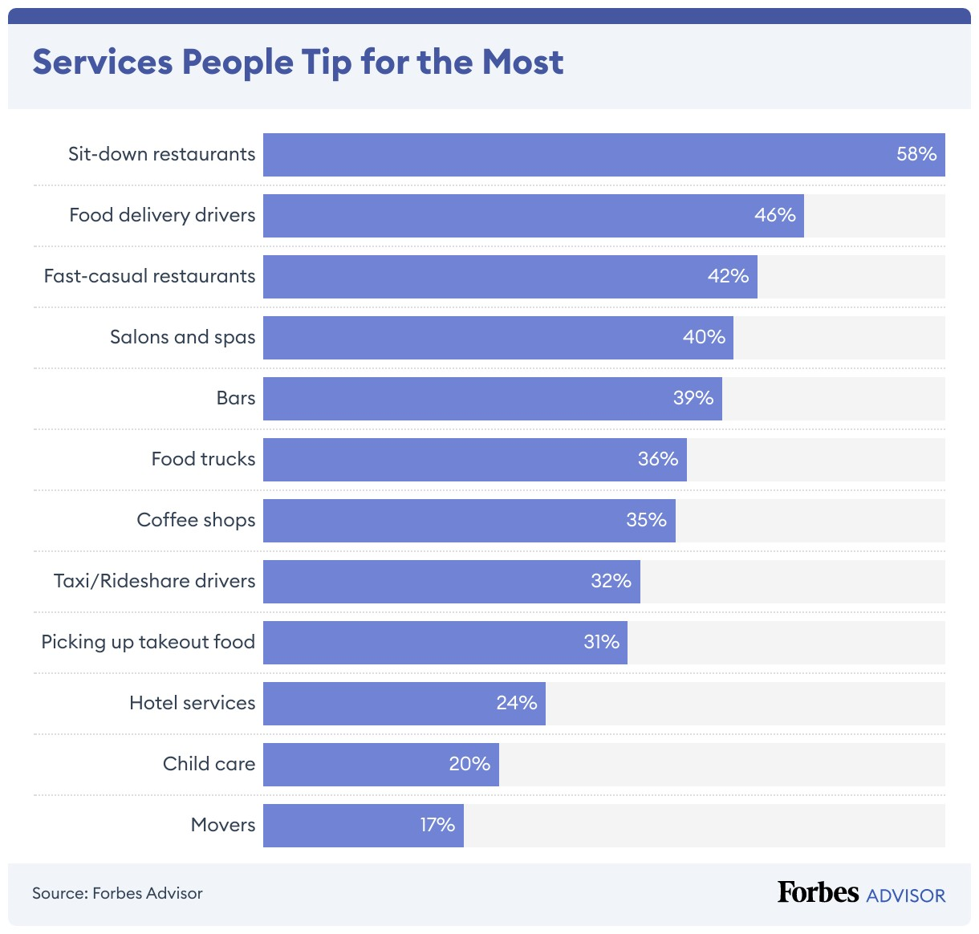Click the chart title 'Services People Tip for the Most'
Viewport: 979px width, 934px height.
[298, 63]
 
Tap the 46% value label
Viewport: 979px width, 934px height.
[774, 215]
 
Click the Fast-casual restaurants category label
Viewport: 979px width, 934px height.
[149, 276]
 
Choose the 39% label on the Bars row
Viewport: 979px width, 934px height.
[693, 398]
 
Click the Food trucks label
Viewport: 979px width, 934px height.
[203, 459]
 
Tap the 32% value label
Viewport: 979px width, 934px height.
[611, 581]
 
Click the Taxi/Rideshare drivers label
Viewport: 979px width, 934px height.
[154, 581]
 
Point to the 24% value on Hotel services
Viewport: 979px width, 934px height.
[516, 703]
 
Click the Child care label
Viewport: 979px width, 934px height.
[209, 764]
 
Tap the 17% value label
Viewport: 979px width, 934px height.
[437, 825]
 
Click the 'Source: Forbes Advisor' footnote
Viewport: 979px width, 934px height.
[117, 893]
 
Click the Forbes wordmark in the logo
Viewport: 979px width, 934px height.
[818, 892]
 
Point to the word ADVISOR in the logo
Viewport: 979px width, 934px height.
[906, 895]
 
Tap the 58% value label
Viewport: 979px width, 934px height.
[916, 154]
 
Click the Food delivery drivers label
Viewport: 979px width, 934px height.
[162, 215]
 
